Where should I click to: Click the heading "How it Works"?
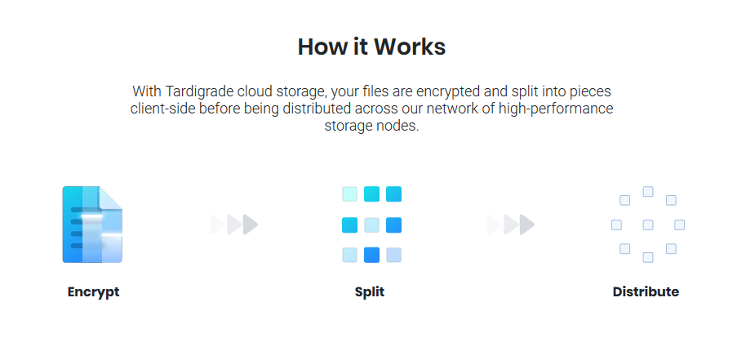coord(371,47)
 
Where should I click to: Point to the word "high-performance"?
coord(562,109)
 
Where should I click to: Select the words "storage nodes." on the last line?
coord(371,127)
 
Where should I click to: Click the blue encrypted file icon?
coord(92,224)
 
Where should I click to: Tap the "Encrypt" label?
coord(93,291)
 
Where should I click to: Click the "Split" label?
coord(370,291)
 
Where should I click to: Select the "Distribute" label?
coord(646,291)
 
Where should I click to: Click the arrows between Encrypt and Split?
coord(234,224)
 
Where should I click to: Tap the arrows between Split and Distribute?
coord(511,224)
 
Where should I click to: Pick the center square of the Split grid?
coord(371,224)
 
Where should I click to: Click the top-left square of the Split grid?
coord(349,194)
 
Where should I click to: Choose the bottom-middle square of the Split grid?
coord(371,255)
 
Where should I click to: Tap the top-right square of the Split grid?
coord(393,194)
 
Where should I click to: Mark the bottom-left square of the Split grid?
coord(349,255)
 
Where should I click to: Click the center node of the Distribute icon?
coord(648,224)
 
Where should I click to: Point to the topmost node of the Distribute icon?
coord(648,192)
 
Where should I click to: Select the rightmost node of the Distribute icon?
coord(679,224)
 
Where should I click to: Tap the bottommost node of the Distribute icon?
coord(648,257)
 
